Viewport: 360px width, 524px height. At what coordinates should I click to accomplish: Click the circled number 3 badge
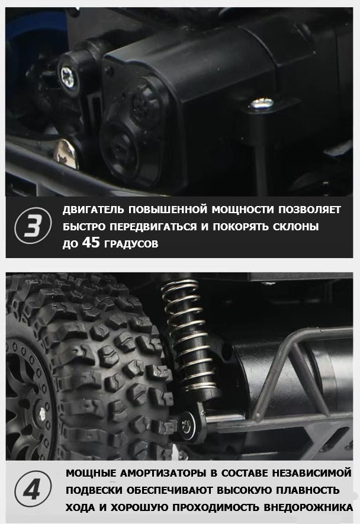pos(33,227)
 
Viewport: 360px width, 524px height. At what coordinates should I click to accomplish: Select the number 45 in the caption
pos(91,242)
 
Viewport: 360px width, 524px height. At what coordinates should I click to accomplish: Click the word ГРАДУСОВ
pos(131,244)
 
